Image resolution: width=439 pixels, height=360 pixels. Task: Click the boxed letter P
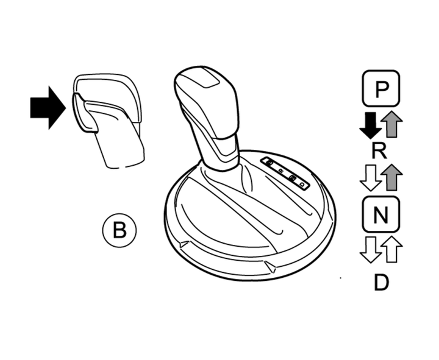coord(381,90)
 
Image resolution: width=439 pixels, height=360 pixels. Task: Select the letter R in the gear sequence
coord(379,150)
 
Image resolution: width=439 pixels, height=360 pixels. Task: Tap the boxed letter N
coord(380,214)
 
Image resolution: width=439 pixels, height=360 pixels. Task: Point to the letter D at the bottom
coord(380,282)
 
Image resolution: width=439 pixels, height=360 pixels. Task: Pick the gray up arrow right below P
coord(391,125)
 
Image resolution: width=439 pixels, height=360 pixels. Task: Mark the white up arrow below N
coord(391,249)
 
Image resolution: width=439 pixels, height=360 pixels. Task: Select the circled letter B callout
coord(120,230)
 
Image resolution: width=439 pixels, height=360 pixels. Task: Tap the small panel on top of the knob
coord(207,80)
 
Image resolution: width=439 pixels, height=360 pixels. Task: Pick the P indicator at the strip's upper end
coord(269,163)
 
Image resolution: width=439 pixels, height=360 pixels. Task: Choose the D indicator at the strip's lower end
coord(302,183)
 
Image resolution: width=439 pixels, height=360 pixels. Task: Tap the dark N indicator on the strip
coord(293,178)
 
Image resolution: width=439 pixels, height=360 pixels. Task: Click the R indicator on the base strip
coord(280,170)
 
